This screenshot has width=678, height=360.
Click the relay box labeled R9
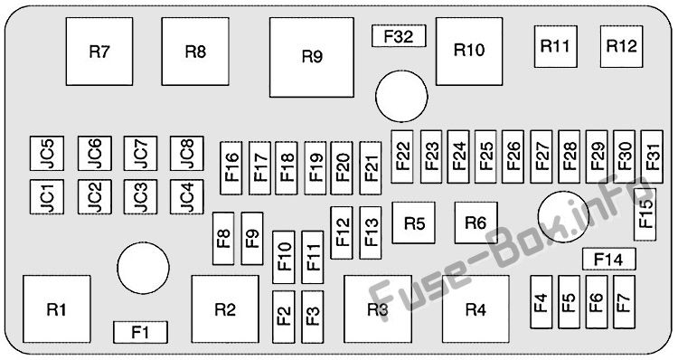pyautogui.click(x=311, y=57)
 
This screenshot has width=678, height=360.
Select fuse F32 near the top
pyautogui.click(x=399, y=36)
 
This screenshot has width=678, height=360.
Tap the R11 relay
pyautogui.click(x=556, y=46)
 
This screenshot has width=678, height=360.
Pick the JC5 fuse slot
pyautogui.click(x=47, y=153)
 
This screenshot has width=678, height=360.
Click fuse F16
pyautogui.click(x=231, y=168)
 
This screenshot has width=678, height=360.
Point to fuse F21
pyautogui.click(x=371, y=168)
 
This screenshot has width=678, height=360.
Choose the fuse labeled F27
pyautogui.click(x=541, y=156)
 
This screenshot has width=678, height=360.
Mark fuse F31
pyautogui.click(x=652, y=156)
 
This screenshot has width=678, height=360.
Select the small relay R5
pyautogui.click(x=413, y=223)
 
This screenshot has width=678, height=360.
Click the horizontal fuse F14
pyautogui.click(x=608, y=260)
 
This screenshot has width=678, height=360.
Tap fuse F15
pyautogui.click(x=645, y=214)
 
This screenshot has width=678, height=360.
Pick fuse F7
pyautogui.click(x=624, y=302)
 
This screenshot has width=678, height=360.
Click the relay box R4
pyautogui.click(x=476, y=309)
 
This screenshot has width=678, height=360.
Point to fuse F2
pyautogui.click(x=284, y=317)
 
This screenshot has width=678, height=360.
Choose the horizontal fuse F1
pyautogui.click(x=140, y=332)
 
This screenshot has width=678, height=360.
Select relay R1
pyautogui.click(x=57, y=309)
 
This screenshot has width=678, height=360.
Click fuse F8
pyautogui.click(x=223, y=239)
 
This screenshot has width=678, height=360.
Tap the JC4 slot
pyautogui.click(x=187, y=197)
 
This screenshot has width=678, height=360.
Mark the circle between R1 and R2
pyautogui.click(x=143, y=269)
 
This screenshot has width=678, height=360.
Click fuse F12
pyautogui.click(x=342, y=232)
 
